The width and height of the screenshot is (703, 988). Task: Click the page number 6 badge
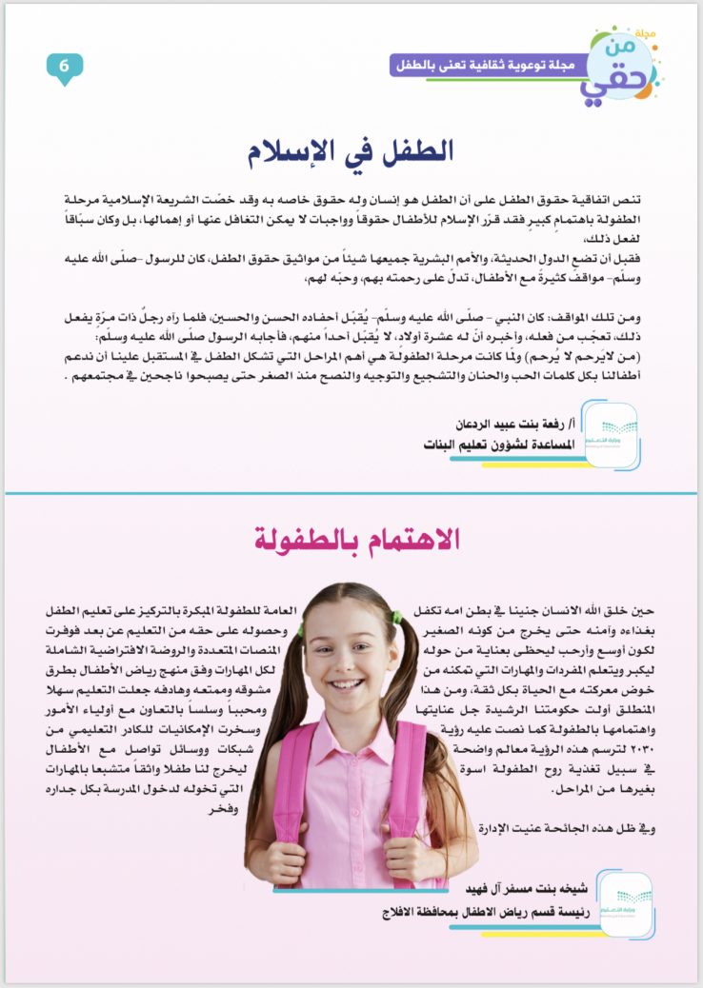pos(65,67)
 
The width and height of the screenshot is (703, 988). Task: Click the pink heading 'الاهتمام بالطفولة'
pos(357,540)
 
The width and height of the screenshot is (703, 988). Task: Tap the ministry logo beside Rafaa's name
pos(610,434)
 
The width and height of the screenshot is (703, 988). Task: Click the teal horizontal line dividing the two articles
pos(351,493)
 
